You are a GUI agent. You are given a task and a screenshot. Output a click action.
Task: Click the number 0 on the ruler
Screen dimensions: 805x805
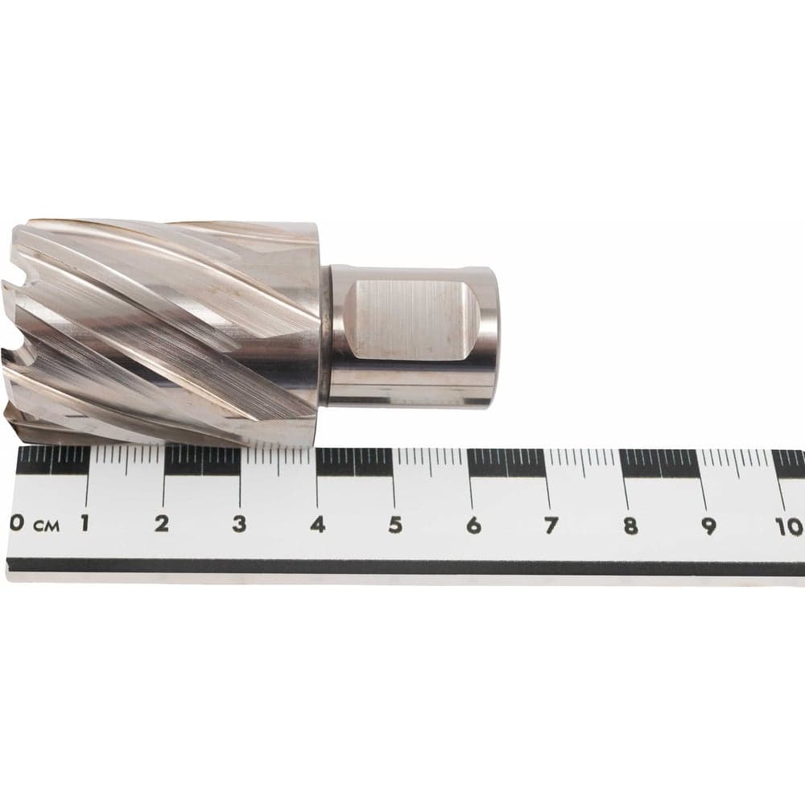pyautogui.click(x=16, y=523)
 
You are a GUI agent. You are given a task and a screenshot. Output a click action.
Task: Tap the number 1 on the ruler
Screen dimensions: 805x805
pyautogui.click(x=85, y=523)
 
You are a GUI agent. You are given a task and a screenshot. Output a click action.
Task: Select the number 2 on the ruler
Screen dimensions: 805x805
pyautogui.click(x=162, y=524)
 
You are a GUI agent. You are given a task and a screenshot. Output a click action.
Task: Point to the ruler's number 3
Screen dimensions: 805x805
pyautogui.click(x=239, y=524)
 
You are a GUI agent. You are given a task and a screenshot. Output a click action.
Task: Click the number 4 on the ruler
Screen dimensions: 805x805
pyautogui.click(x=318, y=525)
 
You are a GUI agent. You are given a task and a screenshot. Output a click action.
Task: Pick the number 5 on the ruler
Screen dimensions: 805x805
pyautogui.click(x=394, y=525)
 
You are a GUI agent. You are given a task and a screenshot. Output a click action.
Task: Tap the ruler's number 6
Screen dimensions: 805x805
pyautogui.click(x=473, y=526)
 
